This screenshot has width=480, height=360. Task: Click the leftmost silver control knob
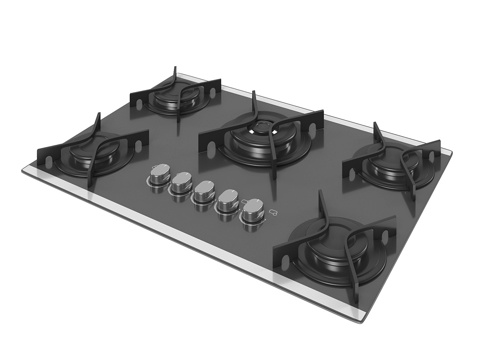point(159,177)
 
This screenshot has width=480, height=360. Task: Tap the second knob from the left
point(181,184)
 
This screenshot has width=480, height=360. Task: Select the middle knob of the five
point(204,191)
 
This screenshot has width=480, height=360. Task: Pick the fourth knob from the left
point(227,199)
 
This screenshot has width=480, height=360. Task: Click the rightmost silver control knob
point(253,209)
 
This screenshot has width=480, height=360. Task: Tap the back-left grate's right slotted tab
point(212,94)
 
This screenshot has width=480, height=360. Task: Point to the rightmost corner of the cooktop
point(452,153)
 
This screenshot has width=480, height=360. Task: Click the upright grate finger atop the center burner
point(254,102)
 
